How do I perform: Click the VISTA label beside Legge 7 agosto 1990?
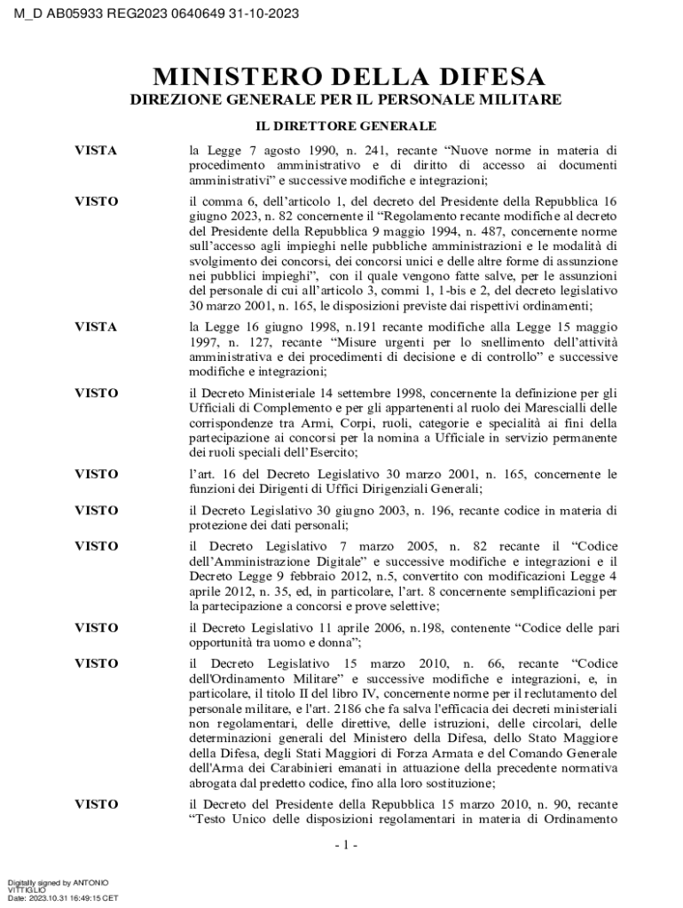click(x=96, y=152)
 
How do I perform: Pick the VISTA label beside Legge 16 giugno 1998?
click(x=96, y=327)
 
